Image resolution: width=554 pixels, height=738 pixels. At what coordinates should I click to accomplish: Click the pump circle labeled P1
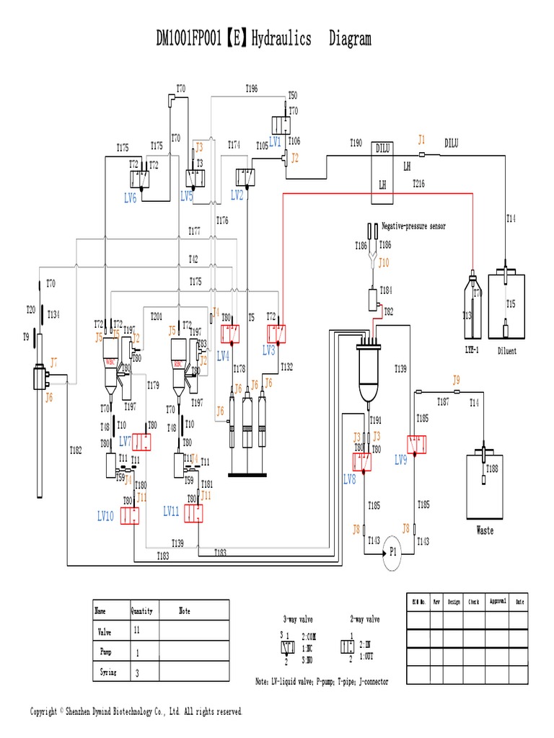tap(393, 553)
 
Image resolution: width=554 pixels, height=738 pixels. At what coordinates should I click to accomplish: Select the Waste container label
tap(485, 530)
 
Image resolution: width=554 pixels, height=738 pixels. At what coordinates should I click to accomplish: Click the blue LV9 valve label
tap(400, 460)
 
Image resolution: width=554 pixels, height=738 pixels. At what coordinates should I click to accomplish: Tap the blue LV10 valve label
tap(105, 516)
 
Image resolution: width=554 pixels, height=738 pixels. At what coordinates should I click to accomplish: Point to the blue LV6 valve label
tap(130, 199)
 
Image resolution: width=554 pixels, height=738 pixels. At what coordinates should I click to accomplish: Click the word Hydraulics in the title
tap(282, 40)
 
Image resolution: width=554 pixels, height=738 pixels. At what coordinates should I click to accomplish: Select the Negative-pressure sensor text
tap(413, 226)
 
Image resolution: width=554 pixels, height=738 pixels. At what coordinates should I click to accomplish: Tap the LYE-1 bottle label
tap(472, 352)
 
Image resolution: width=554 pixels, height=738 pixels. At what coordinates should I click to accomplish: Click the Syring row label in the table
tap(106, 672)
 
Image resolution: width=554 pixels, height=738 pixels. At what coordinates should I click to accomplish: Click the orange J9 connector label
tap(456, 379)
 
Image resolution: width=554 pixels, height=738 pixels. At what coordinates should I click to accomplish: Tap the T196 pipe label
tap(251, 88)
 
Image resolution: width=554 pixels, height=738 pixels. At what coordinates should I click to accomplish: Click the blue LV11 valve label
tap(171, 511)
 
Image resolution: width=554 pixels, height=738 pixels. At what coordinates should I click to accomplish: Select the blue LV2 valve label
tap(237, 195)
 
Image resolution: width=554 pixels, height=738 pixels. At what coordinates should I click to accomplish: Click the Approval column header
tap(498, 600)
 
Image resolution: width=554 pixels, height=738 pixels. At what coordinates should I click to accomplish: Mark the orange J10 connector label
tap(384, 262)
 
